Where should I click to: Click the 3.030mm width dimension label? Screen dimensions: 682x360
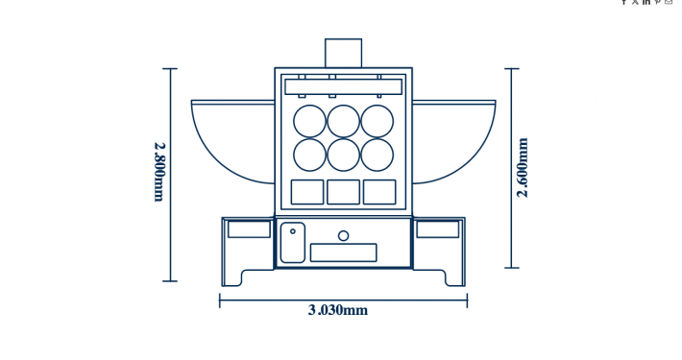click(x=338, y=310)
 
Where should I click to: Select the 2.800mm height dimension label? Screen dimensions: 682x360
click(x=159, y=172)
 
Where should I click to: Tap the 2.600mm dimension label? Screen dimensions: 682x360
click(x=523, y=167)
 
